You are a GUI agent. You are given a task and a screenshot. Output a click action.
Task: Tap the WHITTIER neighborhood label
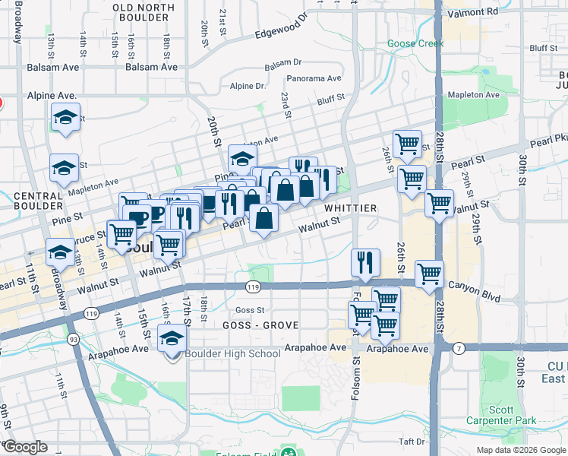click(350, 208)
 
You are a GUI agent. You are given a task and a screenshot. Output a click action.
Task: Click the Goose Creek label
click(415, 43)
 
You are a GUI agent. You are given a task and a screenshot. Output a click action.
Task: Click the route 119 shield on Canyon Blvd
click(254, 287)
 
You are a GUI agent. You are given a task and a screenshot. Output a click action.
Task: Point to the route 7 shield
click(459, 348)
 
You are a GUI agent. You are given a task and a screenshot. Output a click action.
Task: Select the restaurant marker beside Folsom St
click(365, 263)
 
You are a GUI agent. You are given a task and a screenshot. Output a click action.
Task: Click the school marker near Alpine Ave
click(65, 119)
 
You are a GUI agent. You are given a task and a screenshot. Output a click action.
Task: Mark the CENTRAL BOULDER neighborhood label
click(37, 201)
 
